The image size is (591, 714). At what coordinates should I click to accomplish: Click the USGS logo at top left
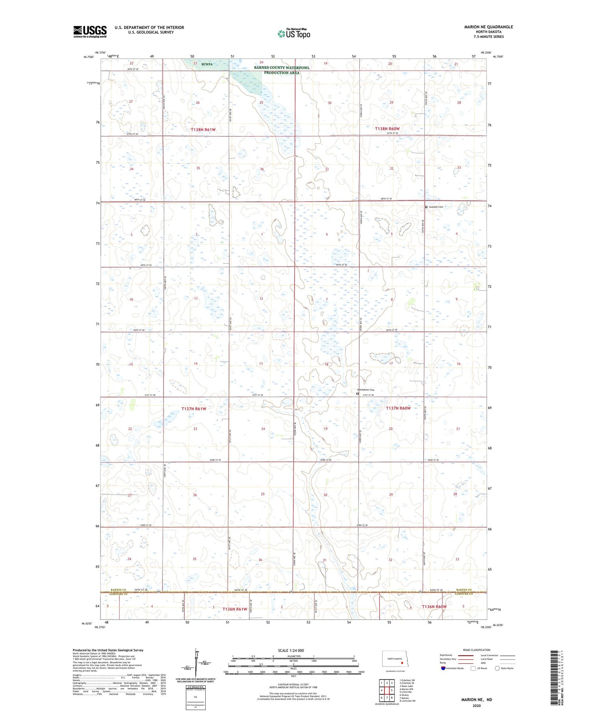(90, 32)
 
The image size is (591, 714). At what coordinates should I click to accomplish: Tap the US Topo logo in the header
(294, 34)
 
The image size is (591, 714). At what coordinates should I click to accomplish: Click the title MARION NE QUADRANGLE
(488, 27)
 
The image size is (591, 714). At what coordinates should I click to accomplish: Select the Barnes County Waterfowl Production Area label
(281, 70)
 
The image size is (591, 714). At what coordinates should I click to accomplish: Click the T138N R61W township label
(203, 130)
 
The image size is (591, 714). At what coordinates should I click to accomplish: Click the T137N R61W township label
(193, 409)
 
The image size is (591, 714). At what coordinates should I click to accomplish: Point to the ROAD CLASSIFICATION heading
(477, 650)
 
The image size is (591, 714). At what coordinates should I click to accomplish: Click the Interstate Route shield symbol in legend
(443, 668)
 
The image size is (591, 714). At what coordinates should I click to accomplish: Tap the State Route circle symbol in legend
(497, 668)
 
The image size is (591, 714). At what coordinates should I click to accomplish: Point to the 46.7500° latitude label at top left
(89, 57)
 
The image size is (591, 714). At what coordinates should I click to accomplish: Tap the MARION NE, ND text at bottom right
(476, 700)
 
